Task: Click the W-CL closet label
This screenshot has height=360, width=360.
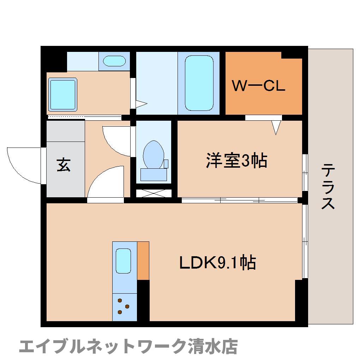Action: (258, 86)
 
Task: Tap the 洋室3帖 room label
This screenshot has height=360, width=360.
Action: (236, 161)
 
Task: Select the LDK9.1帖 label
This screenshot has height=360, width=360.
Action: (217, 263)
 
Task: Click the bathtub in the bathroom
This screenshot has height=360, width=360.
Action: (199, 83)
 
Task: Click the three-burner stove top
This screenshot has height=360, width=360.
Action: (124, 306)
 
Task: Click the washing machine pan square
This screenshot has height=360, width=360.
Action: (63, 95)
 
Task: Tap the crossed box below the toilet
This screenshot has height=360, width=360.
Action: (154, 193)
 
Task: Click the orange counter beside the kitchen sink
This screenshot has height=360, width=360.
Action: (143, 260)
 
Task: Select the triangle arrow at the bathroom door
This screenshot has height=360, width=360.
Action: (141, 104)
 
